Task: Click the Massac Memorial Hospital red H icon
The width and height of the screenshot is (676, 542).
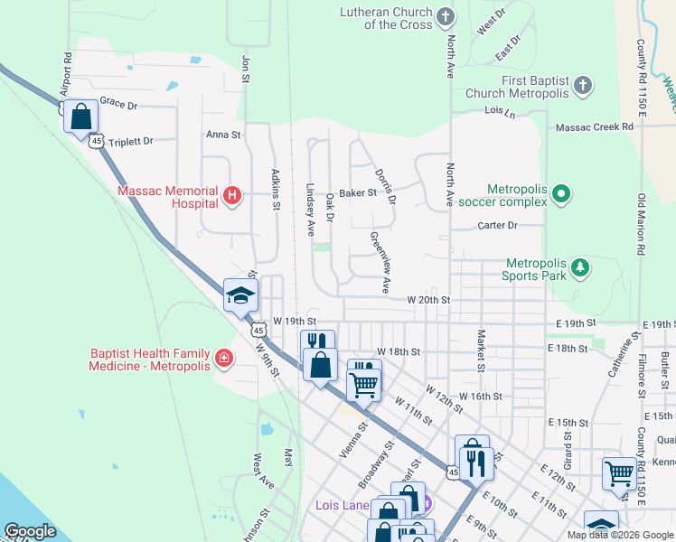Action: click(x=232, y=194)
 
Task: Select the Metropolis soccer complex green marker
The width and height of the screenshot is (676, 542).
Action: click(x=561, y=193)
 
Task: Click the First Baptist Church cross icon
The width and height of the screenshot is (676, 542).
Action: click(x=583, y=86)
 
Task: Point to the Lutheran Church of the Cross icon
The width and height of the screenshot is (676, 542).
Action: click(x=445, y=17)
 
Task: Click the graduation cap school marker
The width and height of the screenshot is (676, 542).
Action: click(x=241, y=295)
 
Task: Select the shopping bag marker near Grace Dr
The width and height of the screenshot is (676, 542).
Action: click(x=81, y=117)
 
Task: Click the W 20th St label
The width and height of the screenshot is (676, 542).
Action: click(x=427, y=299)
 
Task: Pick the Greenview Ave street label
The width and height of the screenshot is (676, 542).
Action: click(x=380, y=262)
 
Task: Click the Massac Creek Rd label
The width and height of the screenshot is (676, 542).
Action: click(x=595, y=127)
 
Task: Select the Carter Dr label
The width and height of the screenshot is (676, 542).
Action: click(x=497, y=225)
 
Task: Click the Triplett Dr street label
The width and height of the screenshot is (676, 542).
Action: click(x=130, y=142)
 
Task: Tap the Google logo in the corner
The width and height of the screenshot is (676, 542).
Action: click(x=30, y=531)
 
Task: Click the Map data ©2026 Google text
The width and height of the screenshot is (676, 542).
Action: click(x=619, y=535)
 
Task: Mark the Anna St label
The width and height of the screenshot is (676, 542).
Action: click(x=223, y=135)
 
